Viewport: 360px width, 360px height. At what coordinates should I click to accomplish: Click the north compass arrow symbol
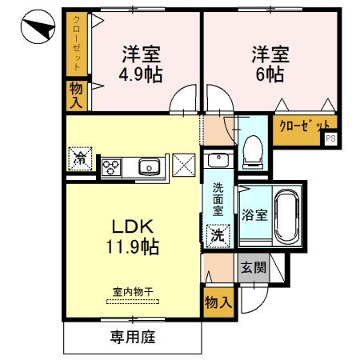[x=35, y=30]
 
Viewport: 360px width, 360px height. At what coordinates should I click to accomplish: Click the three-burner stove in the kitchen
[x=110, y=166]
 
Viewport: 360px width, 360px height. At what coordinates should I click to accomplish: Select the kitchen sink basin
[x=148, y=166]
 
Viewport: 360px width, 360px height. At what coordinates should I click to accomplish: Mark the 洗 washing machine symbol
[x=216, y=236]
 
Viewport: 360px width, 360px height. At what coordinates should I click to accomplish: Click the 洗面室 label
[x=218, y=200]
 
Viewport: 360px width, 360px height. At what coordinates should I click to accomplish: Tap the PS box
[x=330, y=139]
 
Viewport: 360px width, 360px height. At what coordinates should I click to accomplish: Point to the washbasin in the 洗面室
[x=218, y=162]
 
